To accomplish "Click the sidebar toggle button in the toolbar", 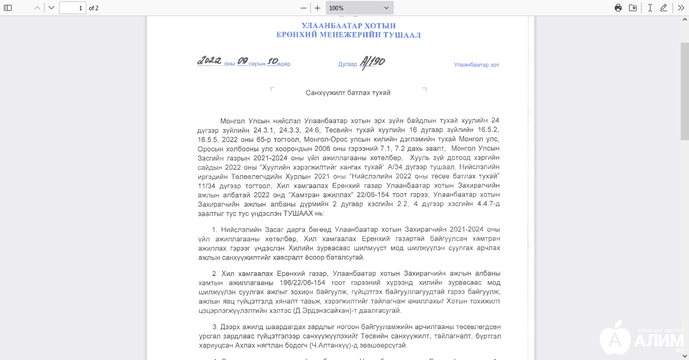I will coord(8,8).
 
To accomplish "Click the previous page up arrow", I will coord(37,8).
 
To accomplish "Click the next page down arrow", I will coord(51,8).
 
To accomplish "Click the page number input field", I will coord(73,8).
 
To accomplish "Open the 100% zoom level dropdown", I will coord(359,8).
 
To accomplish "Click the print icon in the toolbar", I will coord(618,8).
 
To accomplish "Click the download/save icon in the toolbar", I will coord(633,8).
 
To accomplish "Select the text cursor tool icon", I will coord(650,8).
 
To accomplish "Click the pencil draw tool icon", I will coord(664,8).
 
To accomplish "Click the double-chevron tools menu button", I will coord(681,8).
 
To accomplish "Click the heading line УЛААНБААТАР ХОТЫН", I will coord(348,26).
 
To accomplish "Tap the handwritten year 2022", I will coord(209,61).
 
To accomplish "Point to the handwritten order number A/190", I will coord(372,63).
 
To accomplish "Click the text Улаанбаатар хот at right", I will coord(476,65).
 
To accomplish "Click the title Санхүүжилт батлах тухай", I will coord(348,93).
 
